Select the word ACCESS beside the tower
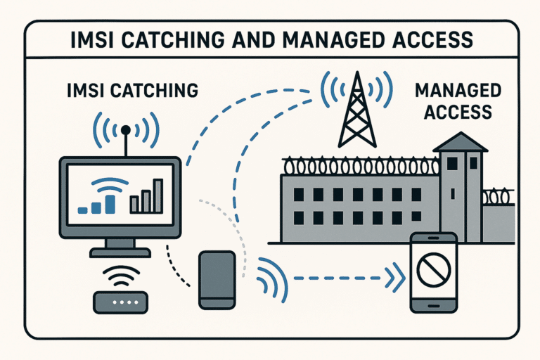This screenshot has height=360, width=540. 458,112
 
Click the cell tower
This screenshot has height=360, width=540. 357,110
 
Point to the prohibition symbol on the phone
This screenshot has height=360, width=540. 434,270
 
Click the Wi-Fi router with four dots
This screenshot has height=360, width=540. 120,302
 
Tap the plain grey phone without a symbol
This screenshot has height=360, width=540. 217,280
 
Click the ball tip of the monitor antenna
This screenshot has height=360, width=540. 126,130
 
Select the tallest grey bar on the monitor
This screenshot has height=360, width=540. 158,195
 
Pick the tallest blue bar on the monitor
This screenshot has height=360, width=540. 110,205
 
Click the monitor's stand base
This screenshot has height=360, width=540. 120,252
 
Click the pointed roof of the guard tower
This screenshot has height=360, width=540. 460,141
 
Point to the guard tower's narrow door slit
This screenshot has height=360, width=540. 453,194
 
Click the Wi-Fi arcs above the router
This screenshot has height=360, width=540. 121,276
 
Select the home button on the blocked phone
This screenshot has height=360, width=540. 433,306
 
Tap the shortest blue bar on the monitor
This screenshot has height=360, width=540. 82,210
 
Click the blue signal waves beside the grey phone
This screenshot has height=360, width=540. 272,280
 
